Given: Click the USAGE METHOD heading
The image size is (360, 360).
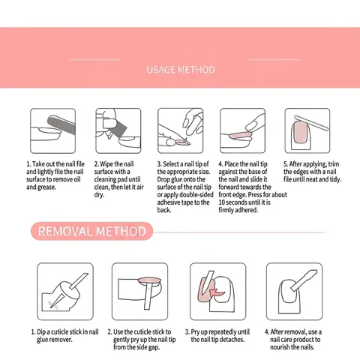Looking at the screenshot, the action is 181,70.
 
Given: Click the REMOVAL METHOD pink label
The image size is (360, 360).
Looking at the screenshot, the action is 91,231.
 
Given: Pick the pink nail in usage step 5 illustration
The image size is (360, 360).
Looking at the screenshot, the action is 300,132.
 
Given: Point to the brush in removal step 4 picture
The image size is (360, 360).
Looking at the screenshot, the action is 304,280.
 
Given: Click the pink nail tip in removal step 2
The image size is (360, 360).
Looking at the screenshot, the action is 149,280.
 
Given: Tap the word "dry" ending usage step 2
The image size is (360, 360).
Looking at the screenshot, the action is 99,195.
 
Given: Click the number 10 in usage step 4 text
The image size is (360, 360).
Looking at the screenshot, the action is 221,202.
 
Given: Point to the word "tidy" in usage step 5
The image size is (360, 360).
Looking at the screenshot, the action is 334,179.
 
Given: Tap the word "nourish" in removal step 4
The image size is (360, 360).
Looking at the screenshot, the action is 280,347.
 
